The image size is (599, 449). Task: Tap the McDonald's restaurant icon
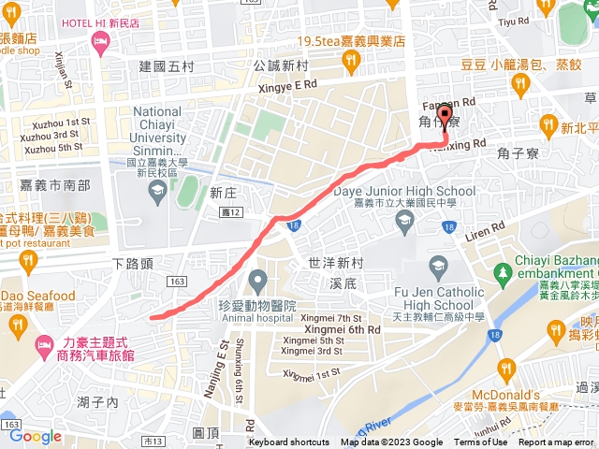[x=506, y=368]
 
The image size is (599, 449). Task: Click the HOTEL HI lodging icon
[x=100, y=40]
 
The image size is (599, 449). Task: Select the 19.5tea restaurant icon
[x=351, y=61]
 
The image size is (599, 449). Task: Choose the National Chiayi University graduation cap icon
[x=156, y=191]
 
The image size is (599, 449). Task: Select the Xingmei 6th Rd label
[x=341, y=330]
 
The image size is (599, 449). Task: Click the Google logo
[x=36, y=436]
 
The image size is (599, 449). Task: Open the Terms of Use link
[x=481, y=442]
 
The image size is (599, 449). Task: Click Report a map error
[x=558, y=442]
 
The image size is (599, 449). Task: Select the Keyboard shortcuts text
[x=288, y=442]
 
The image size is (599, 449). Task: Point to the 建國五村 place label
[x=167, y=66]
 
